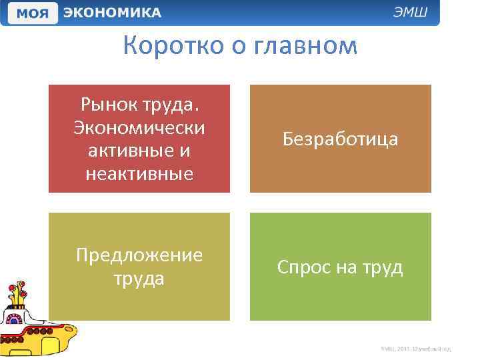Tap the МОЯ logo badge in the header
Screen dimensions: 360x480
point(31,13)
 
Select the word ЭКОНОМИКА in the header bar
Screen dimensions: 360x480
point(112,13)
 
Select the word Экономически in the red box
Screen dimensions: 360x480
point(139,127)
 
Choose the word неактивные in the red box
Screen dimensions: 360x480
point(139,174)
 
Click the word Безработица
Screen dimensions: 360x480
point(340,139)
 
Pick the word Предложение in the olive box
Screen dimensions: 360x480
point(139,255)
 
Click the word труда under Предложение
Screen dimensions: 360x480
point(139,279)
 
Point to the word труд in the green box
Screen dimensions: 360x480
point(383,267)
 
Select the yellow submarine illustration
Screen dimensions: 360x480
point(37,319)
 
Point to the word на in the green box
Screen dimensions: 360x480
point(345,267)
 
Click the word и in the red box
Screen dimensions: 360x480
point(184,151)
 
